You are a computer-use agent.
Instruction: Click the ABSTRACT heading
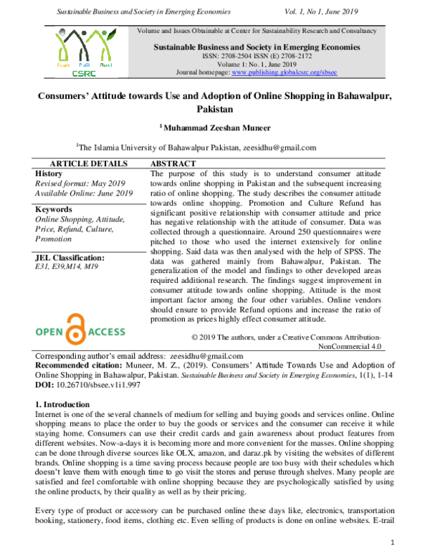click(x=174, y=164)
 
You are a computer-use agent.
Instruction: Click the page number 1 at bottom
click(x=392, y=542)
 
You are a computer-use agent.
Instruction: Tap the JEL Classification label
click(x=70, y=257)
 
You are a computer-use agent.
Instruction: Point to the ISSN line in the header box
click(x=255, y=56)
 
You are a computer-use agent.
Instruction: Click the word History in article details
click(x=49, y=173)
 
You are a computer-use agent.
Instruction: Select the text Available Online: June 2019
click(x=84, y=193)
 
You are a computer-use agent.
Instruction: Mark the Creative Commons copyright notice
click(x=287, y=340)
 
